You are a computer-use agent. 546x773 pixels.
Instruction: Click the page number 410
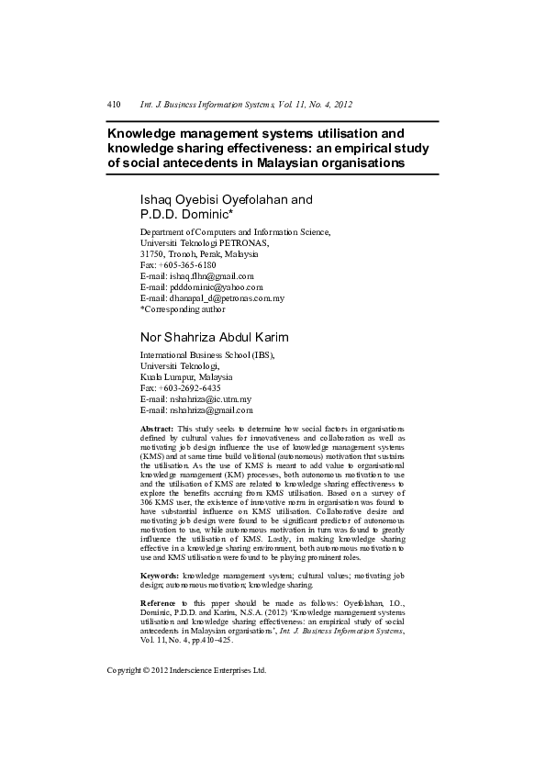(114, 106)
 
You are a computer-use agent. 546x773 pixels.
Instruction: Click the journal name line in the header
(246, 106)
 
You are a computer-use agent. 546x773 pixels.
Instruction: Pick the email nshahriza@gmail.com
(211, 410)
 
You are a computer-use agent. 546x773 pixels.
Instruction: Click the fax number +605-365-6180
(189, 264)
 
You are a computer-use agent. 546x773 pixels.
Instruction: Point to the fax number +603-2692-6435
(189, 388)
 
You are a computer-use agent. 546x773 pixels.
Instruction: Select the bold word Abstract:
(156, 429)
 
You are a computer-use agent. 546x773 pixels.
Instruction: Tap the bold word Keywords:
(160, 575)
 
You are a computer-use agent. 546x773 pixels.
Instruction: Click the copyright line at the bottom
(186, 670)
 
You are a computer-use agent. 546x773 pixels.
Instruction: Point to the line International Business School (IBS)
(206, 354)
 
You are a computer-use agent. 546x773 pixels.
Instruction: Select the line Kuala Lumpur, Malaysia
(185, 377)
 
